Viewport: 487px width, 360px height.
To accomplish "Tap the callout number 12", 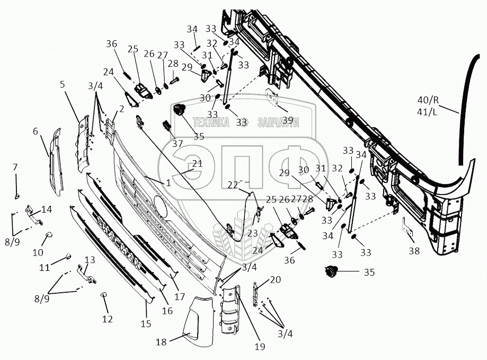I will pyautogui.click(x=108, y=320).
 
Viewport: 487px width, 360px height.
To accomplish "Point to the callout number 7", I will pyautogui.click(x=15, y=168).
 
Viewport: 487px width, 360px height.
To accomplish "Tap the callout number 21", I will pyautogui.click(x=197, y=164).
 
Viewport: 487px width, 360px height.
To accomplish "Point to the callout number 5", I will pyautogui.click(x=63, y=84).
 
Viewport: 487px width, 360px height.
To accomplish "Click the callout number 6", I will pyautogui.click(x=36, y=131).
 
